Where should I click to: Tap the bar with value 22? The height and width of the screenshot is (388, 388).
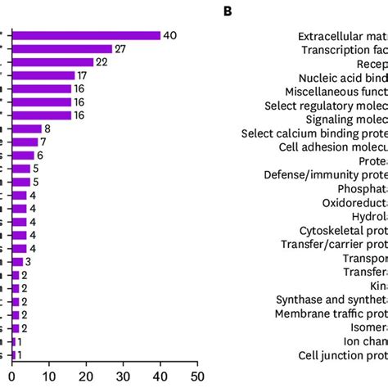tap(54, 62)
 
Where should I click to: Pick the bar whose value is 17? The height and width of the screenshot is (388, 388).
tap(45, 75)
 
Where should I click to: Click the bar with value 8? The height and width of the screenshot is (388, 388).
tap(28, 129)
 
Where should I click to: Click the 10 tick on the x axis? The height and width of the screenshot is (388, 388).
tap(49, 378)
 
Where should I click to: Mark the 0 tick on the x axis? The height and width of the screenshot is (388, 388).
tap(14, 378)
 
